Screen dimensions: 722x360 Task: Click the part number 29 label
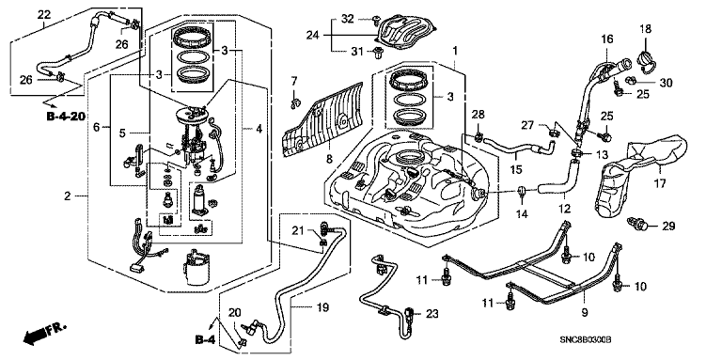(x=667, y=226)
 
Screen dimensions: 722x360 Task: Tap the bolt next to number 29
(x=637, y=224)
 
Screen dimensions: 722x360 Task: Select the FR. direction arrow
(x=45, y=334)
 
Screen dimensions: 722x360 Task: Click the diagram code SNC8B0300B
(x=585, y=340)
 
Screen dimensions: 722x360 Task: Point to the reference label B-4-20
(x=66, y=116)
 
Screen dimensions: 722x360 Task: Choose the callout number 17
(x=660, y=183)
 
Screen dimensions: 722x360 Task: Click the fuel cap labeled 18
(x=646, y=61)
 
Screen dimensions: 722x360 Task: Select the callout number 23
(x=432, y=314)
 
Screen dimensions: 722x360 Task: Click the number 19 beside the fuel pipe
(x=323, y=307)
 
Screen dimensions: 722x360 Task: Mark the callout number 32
(x=348, y=19)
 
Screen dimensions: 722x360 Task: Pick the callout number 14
(x=522, y=214)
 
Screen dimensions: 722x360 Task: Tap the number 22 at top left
(x=44, y=14)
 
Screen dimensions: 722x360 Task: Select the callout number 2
(x=68, y=196)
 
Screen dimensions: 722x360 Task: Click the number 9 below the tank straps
(x=585, y=313)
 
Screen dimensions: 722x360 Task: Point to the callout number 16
(x=607, y=39)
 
